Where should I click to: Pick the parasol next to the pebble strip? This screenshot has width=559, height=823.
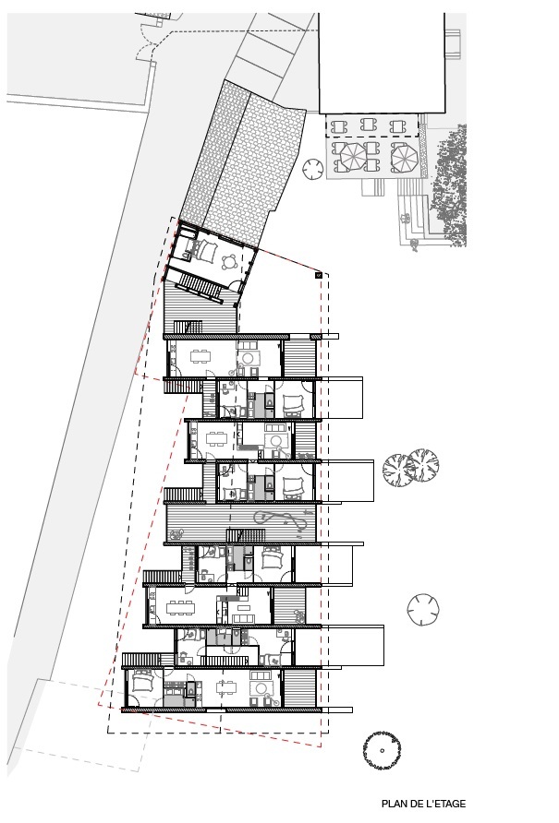point(404,158)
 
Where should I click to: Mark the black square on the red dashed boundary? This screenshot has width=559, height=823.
point(318,274)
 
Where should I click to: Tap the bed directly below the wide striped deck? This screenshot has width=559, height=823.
point(273,557)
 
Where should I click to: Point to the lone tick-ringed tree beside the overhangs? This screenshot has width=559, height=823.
point(424,607)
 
